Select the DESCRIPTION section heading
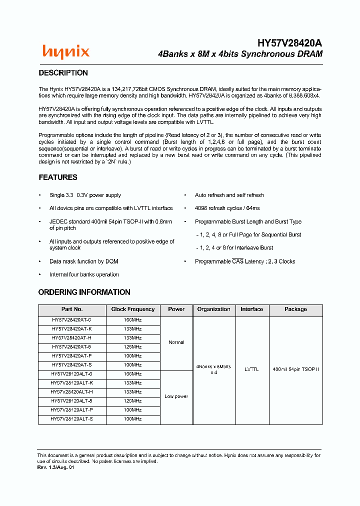point(63,73)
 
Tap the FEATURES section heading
point(58,177)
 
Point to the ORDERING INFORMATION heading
point(84,292)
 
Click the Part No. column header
point(72,309)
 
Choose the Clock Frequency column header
point(133,309)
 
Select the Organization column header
point(213,309)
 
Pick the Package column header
point(295,309)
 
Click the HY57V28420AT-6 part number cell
point(72,320)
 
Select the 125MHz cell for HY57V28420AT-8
point(133,347)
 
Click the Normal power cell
point(176,343)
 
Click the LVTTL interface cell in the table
point(251,369)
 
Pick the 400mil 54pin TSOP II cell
point(295,369)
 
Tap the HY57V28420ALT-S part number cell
point(72,419)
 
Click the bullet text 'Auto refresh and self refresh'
point(229,195)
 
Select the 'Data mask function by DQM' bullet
point(83,261)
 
